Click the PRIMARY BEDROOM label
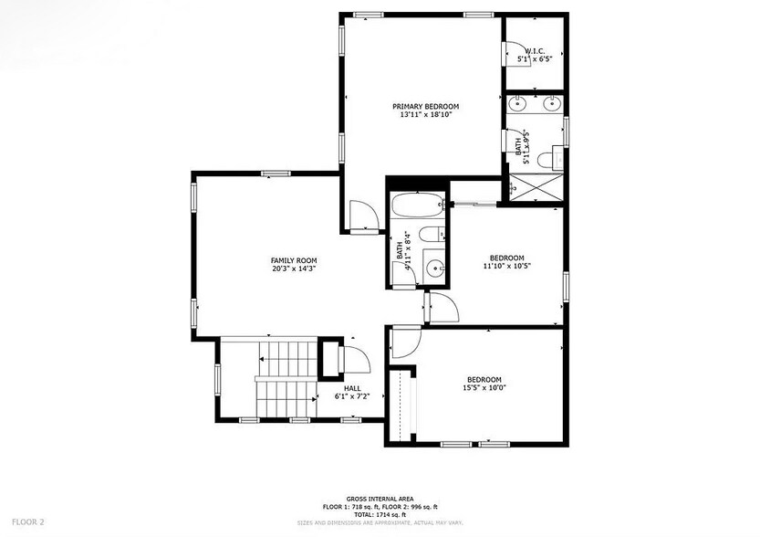coord(425,106)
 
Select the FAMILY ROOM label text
coord(294,260)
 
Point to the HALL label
coord(351,388)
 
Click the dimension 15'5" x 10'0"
coord(484,388)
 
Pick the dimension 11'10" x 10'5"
coord(506,266)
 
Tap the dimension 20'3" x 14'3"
coord(294,269)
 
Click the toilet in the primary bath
coord(548,160)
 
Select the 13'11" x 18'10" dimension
coord(425,115)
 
